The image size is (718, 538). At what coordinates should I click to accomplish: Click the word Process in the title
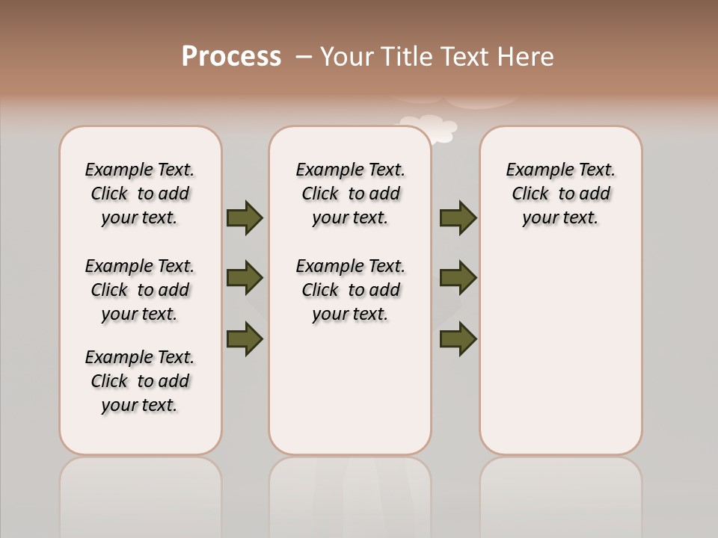click(x=231, y=56)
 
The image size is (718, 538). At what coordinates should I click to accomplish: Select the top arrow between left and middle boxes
click(x=244, y=217)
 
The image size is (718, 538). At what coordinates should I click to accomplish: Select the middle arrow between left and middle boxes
click(x=244, y=278)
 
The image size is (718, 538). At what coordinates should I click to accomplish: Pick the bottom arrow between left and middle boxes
click(x=244, y=338)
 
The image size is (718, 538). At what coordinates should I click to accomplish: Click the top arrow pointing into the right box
click(x=458, y=217)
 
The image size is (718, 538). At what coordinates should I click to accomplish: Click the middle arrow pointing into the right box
click(x=458, y=278)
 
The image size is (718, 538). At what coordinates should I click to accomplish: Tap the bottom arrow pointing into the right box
click(x=458, y=338)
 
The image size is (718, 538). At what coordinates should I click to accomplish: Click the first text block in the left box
click(x=140, y=194)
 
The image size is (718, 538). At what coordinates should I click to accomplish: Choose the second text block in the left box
click(x=140, y=290)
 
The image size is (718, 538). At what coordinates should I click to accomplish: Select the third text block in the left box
click(x=140, y=381)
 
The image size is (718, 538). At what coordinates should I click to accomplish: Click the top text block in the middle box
click(x=350, y=194)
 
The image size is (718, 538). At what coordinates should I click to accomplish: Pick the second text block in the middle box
click(x=350, y=290)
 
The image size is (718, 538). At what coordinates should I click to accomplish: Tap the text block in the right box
click(x=560, y=194)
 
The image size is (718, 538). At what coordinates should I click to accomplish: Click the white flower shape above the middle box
click(x=431, y=127)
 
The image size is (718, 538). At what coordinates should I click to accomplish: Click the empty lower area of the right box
click(x=560, y=359)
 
